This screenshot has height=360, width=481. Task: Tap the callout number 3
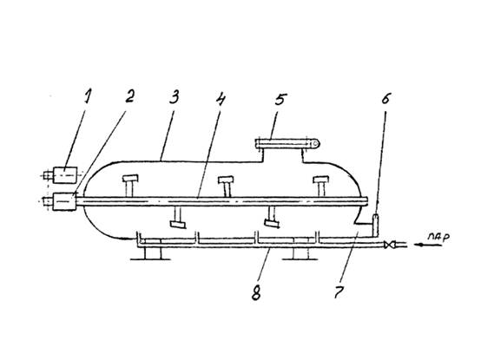click(174, 97)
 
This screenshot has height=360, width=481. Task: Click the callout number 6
click(385, 98)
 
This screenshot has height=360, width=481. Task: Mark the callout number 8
click(256, 292)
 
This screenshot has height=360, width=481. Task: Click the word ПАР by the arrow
click(438, 237)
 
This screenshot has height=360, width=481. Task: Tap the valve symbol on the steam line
click(388, 245)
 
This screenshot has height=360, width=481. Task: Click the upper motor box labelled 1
click(65, 175)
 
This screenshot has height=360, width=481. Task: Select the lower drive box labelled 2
click(64, 201)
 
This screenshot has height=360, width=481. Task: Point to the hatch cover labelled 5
click(287, 143)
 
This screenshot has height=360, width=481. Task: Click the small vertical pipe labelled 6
click(376, 226)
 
